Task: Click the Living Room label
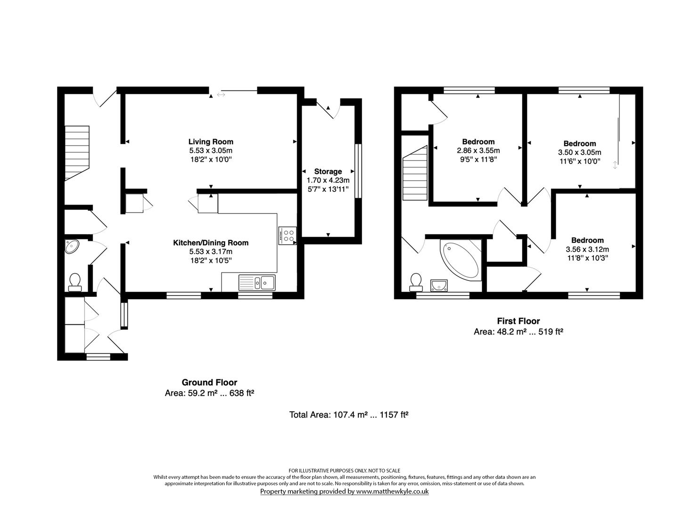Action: (x=211, y=141)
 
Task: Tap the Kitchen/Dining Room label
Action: (x=211, y=243)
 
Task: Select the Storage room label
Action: (x=328, y=172)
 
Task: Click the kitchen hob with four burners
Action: (x=288, y=235)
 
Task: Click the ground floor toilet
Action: (x=75, y=282)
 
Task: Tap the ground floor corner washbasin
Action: (x=72, y=246)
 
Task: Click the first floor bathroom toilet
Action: (x=416, y=282)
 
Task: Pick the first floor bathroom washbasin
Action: (x=439, y=285)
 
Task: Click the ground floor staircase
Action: (x=77, y=153)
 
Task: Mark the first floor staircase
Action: (x=415, y=173)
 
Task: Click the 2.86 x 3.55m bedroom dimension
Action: (x=478, y=151)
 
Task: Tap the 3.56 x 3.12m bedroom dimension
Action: (x=587, y=249)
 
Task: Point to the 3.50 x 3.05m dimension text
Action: (x=579, y=153)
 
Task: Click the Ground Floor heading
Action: (x=209, y=383)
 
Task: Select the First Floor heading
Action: (x=518, y=321)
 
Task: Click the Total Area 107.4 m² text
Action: (x=348, y=415)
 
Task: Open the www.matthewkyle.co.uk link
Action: (x=392, y=492)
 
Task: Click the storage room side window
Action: (x=358, y=170)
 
